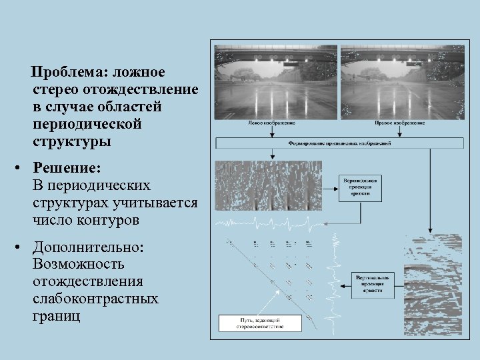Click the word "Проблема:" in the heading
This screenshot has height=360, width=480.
pos(71,71)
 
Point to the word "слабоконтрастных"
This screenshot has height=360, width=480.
pos(95,298)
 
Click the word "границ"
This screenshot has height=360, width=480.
pos(56,315)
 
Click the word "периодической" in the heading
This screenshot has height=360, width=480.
pos(87,125)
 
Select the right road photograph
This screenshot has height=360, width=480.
pos(402,81)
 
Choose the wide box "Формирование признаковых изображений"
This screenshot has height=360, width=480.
pos(339,143)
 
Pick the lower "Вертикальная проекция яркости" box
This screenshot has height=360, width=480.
pos(375,284)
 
